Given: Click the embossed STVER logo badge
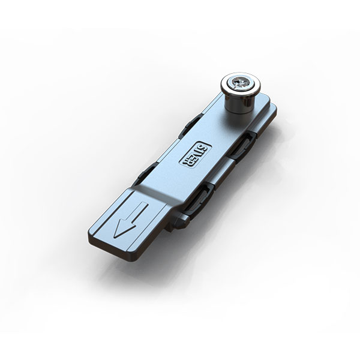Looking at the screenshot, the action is (x=195, y=154).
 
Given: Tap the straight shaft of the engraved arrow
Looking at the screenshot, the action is (x=140, y=212).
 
